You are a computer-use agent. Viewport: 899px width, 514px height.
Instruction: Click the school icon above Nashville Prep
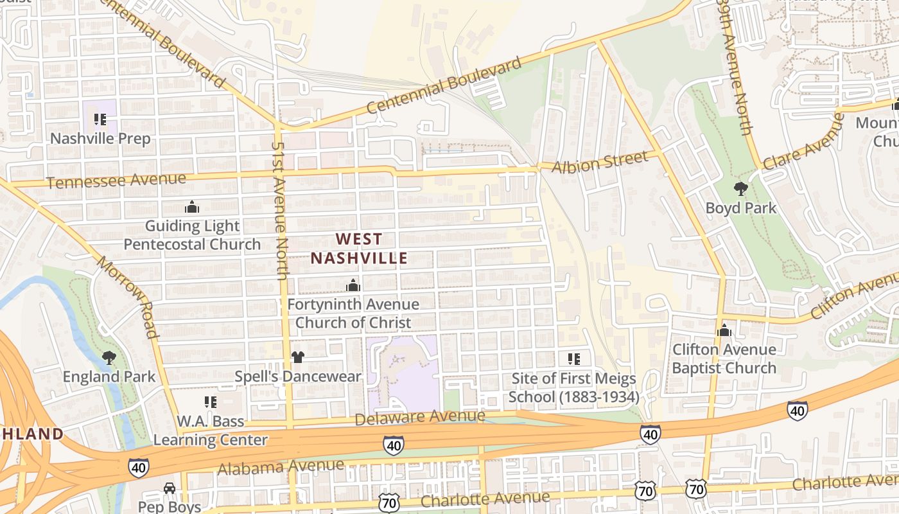pos(100,120)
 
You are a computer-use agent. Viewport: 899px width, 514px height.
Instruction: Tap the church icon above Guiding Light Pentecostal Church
pos(191,207)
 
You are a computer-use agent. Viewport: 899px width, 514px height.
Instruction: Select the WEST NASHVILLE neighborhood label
pos(359,249)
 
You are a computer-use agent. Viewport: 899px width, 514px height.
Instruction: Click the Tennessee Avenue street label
pos(116,181)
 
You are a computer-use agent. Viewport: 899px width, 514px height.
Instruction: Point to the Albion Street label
pos(600,163)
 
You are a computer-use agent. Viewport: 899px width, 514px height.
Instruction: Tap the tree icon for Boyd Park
pos(740,189)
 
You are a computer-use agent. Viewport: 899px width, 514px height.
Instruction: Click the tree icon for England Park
pos(109,357)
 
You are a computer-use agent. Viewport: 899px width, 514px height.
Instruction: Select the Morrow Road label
pos(127,296)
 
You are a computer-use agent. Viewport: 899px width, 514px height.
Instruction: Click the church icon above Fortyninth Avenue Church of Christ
pos(353,285)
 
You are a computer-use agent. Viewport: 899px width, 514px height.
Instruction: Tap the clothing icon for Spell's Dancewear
pos(297,357)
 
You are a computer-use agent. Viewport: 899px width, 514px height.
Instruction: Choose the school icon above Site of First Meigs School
pos(573,359)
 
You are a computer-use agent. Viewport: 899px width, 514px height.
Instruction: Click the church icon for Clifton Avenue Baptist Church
pos(724,330)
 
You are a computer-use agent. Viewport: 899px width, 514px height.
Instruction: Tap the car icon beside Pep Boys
pos(169,488)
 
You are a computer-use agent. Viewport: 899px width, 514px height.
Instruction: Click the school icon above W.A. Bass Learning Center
pos(210,402)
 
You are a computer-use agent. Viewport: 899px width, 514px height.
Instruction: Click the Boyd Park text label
pos(740,208)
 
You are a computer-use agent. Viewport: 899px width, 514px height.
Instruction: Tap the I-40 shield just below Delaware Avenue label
pos(393,444)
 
